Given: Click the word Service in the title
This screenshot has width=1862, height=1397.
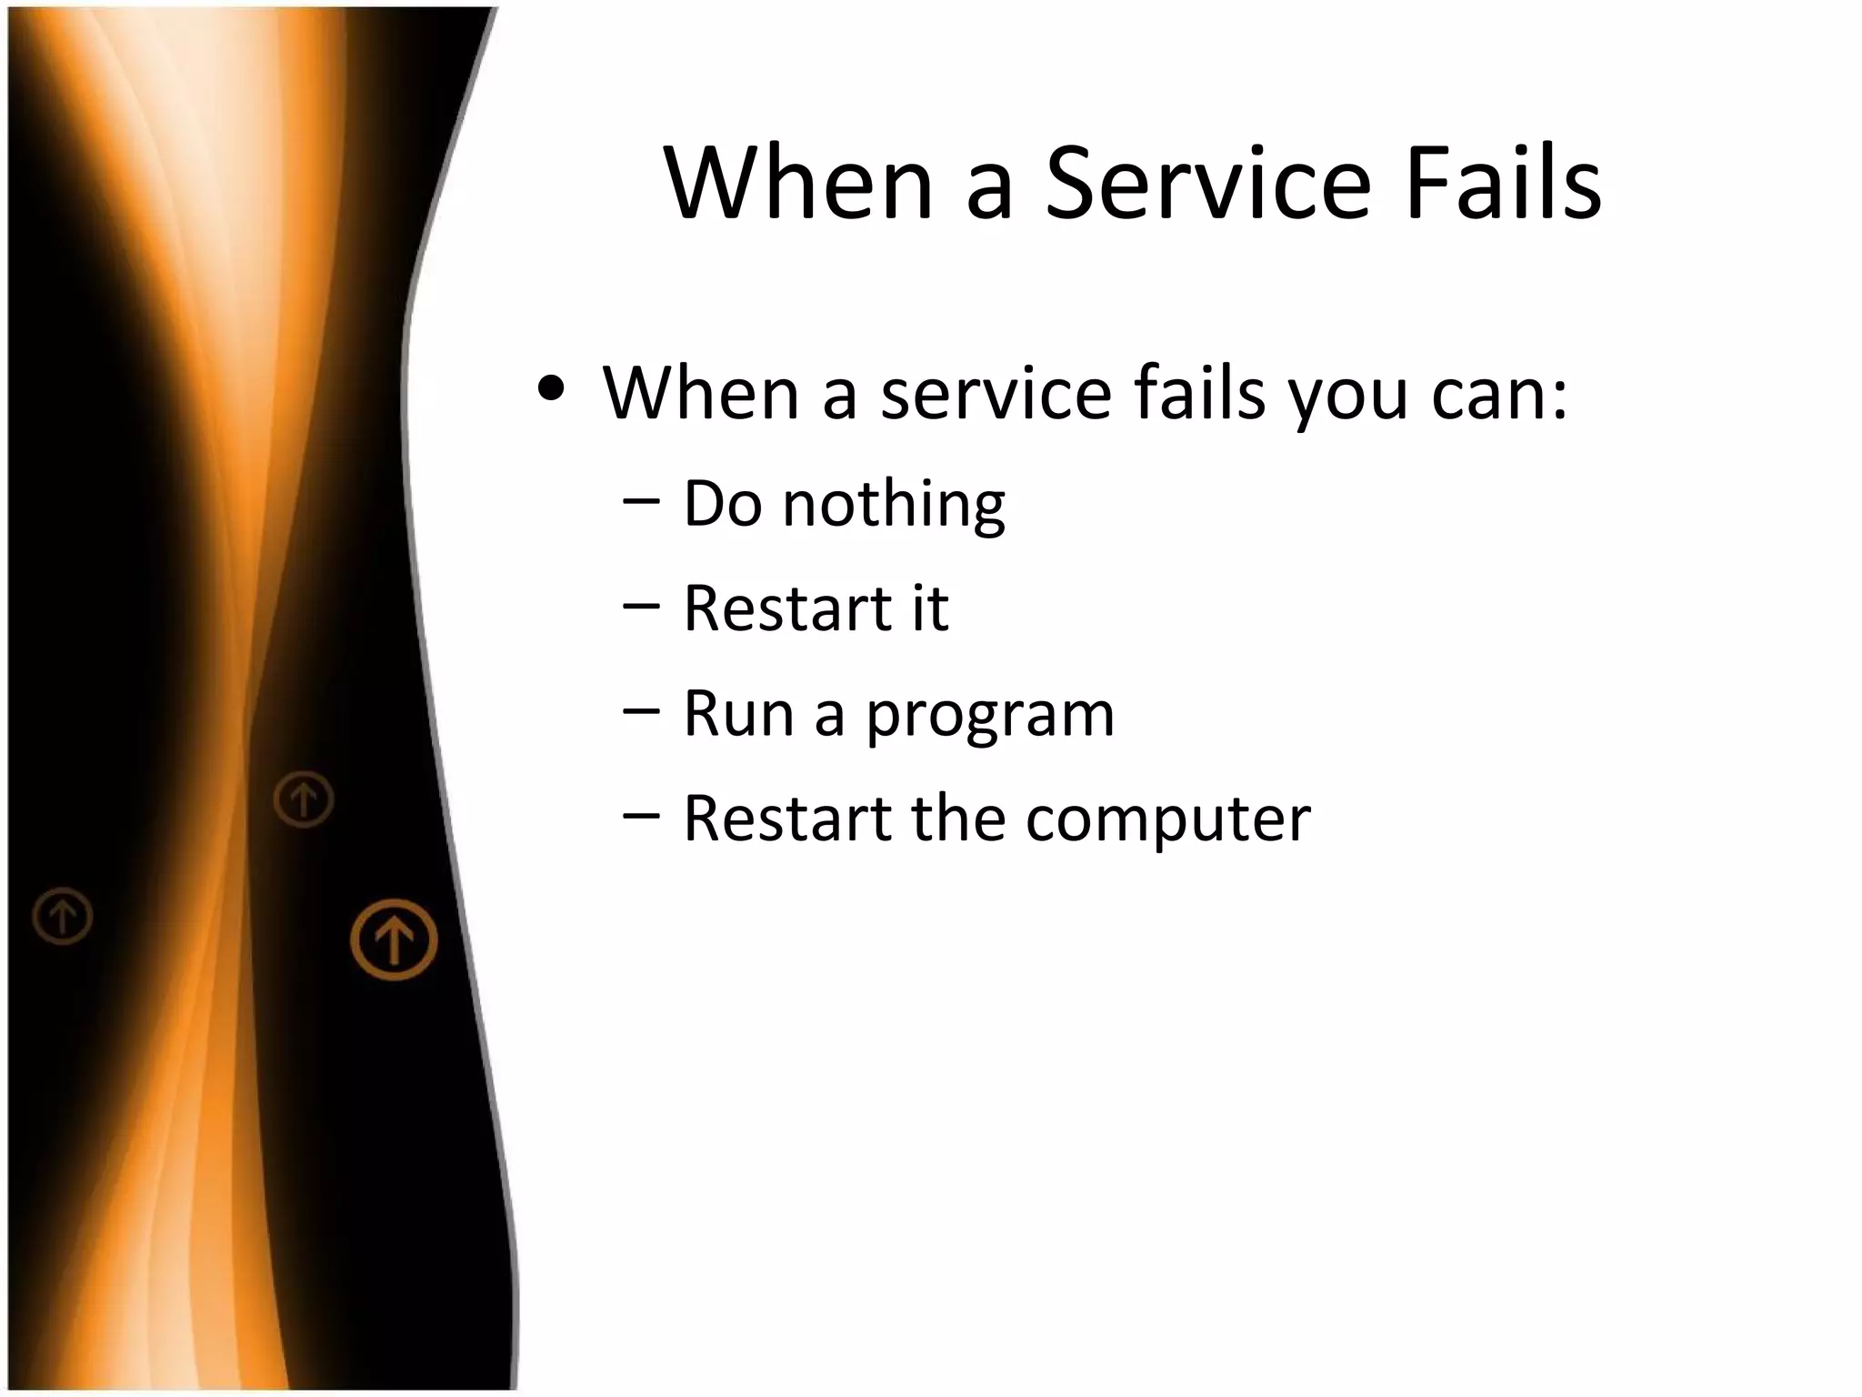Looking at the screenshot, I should click(x=1207, y=184).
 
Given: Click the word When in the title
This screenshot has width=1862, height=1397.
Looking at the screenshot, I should click(x=798, y=184).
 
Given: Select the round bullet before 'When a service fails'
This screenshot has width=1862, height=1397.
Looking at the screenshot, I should click(x=552, y=389).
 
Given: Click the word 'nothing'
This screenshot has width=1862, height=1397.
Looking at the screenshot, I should click(x=893, y=506).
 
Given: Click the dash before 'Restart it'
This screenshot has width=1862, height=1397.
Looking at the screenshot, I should click(x=642, y=608).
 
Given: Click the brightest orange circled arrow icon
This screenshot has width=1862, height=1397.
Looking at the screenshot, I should click(x=394, y=940).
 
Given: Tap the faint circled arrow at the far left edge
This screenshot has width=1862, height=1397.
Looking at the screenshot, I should click(x=63, y=915).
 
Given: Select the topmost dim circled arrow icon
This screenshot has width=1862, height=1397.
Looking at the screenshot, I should click(x=304, y=799).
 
